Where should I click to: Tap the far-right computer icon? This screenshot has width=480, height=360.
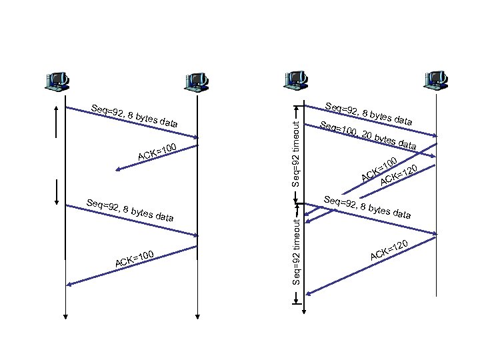click(x=437, y=81)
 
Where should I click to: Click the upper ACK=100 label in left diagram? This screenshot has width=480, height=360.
click(x=157, y=151)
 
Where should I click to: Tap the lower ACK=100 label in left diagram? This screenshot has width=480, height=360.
click(x=135, y=260)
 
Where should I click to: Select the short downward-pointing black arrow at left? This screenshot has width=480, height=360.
click(x=57, y=194)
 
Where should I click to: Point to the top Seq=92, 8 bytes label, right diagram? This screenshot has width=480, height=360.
click(x=367, y=114)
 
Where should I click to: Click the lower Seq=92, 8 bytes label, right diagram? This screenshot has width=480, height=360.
click(x=367, y=207)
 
